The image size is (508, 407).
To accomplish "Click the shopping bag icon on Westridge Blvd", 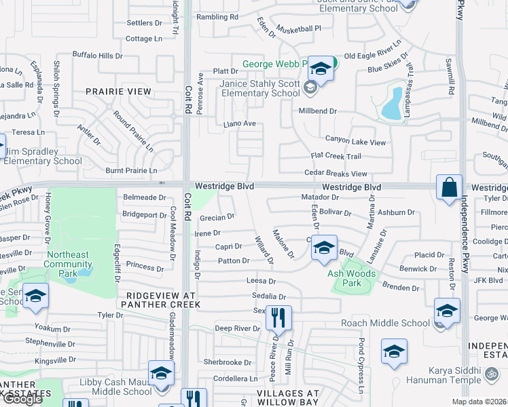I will (x=450, y=188).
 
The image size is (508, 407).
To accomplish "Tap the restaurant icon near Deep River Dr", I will (x=277, y=317).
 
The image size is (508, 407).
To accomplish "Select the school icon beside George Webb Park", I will (x=321, y=69).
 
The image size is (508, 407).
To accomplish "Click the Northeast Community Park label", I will (x=67, y=259).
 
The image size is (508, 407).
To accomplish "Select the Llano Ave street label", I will (x=240, y=124).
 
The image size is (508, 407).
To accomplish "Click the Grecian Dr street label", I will (x=217, y=218).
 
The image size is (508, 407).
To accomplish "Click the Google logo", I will (x=22, y=399).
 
